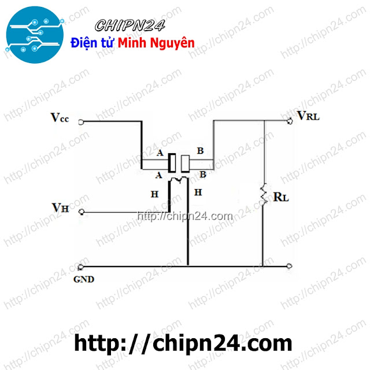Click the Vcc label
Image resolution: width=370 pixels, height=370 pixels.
pos(60,118)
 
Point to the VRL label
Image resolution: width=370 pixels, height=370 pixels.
pos(309,116)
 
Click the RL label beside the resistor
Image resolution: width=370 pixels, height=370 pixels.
pos(281,197)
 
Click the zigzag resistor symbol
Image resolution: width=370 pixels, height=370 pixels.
pos(264,194)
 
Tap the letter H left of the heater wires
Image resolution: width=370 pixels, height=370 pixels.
pos(154,194)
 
